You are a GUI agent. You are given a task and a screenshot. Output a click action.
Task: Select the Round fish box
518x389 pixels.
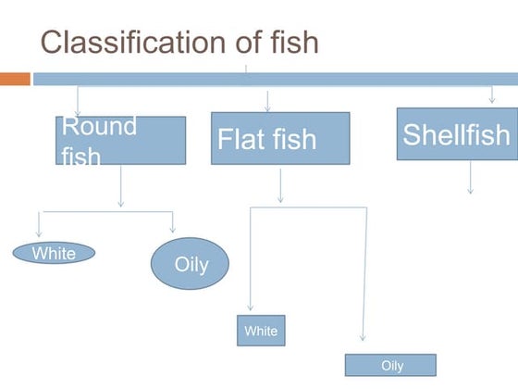click(x=120, y=140)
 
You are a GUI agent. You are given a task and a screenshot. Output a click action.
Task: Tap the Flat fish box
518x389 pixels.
click(x=280, y=138)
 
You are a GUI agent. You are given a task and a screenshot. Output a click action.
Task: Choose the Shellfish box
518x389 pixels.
click(x=456, y=133)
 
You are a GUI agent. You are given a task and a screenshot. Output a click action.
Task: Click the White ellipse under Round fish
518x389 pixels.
click(x=54, y=253)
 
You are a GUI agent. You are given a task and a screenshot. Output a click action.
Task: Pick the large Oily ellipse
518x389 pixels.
click(x=191, y=264)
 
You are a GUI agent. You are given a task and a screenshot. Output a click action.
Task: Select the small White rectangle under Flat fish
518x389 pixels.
click(x=261, y=331)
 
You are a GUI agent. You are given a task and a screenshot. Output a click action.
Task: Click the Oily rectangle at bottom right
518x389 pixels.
click(x=390, y=365)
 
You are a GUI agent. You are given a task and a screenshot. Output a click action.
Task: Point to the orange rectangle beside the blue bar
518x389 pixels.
click(x=15, y=79)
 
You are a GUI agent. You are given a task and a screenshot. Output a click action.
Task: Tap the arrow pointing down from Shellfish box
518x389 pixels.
click(x=470, y=177)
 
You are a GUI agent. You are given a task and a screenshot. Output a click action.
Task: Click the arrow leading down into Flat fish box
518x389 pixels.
click(x=267, y=101)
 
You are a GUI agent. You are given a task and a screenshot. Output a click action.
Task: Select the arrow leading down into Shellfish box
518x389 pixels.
click(x=491, y=95)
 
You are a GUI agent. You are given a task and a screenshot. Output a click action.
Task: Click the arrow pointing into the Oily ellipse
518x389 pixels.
click(x=172, y=222)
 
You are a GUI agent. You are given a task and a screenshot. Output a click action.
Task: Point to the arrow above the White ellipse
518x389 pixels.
click(x=39, y=224)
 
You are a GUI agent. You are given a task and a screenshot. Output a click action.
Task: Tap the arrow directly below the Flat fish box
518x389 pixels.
click(x=280, y=184)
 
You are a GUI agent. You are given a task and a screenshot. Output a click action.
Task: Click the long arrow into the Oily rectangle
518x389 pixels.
click(x=365, y=278)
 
